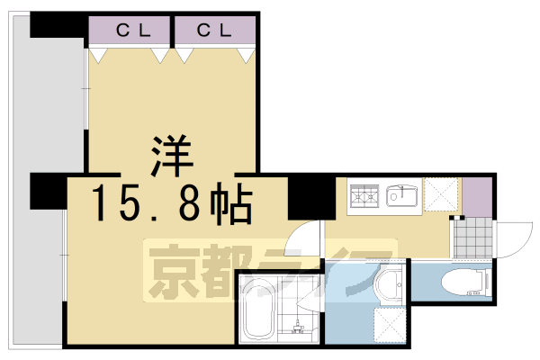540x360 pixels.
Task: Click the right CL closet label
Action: tap(215, 30)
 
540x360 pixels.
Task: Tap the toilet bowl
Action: tap(463, 283)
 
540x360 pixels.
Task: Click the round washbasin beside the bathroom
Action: tap(390, 286)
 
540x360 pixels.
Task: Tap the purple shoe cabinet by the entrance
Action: tap(478, 197)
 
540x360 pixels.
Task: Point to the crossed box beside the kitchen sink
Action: tap(441, 195)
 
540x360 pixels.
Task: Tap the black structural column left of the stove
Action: tap(311, 198)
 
